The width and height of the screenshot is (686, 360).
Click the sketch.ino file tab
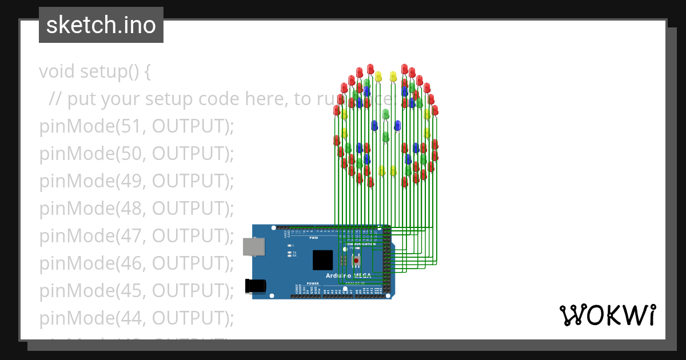101,25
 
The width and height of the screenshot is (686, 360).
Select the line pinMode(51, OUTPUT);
137,126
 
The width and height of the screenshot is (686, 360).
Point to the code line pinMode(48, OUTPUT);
137,209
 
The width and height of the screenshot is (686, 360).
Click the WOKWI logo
607,315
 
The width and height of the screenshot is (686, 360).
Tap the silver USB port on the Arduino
253,246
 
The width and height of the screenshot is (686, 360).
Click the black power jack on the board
256,285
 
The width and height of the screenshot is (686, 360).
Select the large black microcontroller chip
322,260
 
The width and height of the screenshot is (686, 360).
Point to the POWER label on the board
312,283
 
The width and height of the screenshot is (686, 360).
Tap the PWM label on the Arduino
313,237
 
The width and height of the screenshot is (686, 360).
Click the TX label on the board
294,252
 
